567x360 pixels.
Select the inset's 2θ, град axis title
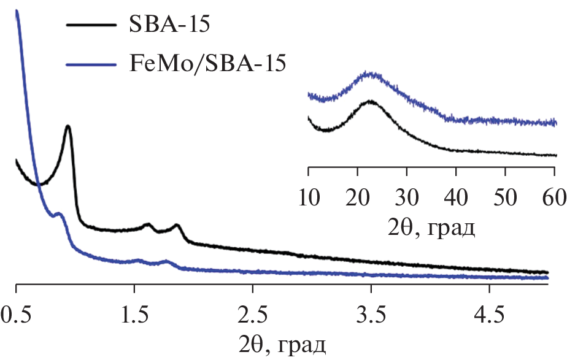(x=431, y=228)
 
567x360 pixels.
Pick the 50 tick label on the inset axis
(x=505, y=199)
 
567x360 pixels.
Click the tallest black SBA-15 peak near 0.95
(x=68, y=126)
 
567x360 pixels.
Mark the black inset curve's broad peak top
(x=370, y=101)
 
